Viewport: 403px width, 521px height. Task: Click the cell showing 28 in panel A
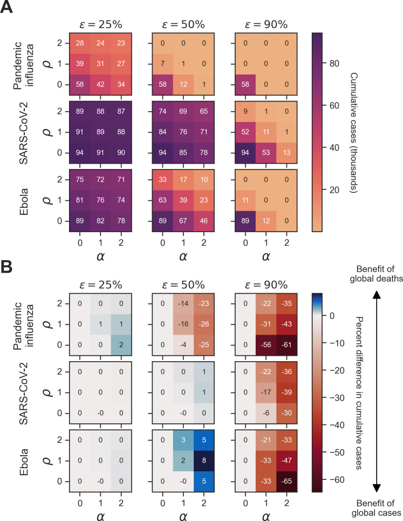[80, 43]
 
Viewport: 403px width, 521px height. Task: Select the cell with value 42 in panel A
[100, 84]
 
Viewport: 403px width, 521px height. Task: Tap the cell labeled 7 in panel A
[163, 64]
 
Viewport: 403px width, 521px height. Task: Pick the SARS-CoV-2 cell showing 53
[266, 152]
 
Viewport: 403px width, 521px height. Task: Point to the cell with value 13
[287, 152]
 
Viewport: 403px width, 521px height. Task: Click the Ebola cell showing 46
[204, 221]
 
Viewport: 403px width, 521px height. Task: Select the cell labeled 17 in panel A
[183, 179]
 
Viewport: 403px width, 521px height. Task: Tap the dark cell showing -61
[287, 345]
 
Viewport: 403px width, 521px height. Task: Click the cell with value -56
[266, 345]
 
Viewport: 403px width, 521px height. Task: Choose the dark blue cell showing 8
[204, 461]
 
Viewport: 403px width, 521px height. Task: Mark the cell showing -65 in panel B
[287, 481]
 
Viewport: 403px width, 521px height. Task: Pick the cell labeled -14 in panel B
[183, 304]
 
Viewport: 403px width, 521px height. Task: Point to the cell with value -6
[266, 413]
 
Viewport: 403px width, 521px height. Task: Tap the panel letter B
[6, 267]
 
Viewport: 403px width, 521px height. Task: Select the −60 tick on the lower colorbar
[336, 479]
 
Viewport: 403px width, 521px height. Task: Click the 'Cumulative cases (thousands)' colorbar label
[354, 133]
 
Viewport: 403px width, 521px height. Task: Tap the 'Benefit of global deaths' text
[376, 274]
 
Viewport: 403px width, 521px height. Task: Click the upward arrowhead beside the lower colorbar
[376, 295]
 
